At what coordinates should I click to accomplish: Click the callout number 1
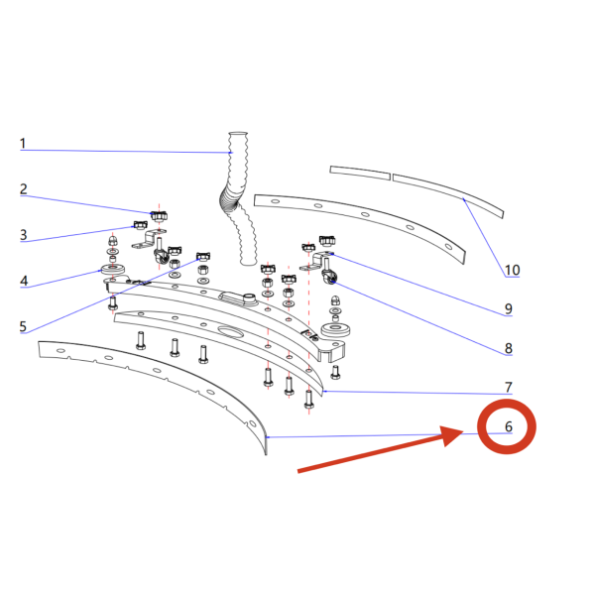23,144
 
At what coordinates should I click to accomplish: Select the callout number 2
24,189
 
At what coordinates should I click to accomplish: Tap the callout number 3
24,235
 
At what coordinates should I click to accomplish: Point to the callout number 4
24,281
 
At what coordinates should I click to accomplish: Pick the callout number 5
23,326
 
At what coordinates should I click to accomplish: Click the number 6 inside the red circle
509,426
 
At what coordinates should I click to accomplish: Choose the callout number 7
509,387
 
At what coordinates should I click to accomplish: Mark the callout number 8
509,348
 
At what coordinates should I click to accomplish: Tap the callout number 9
509,308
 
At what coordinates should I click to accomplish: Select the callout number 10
512,270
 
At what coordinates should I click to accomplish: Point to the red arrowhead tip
463,431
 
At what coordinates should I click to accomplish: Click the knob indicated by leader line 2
159,216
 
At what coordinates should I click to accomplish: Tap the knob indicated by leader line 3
141,225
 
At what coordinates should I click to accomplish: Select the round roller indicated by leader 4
113,270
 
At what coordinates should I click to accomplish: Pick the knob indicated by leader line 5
203,257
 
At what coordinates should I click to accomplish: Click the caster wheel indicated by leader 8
329,277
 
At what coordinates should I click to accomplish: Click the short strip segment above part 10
360,173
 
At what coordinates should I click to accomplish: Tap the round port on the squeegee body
249,297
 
